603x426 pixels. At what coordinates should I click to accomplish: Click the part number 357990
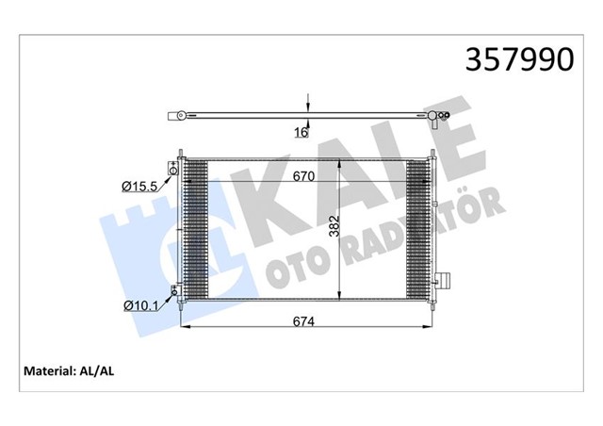pos(520,60)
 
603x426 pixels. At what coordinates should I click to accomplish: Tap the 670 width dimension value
pos(302,174)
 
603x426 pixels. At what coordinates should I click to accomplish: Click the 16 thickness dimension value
pos(301,133)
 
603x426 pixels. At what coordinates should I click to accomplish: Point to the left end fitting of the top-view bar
pos(174,118)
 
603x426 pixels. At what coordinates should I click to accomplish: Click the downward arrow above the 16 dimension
pos(307,104)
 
